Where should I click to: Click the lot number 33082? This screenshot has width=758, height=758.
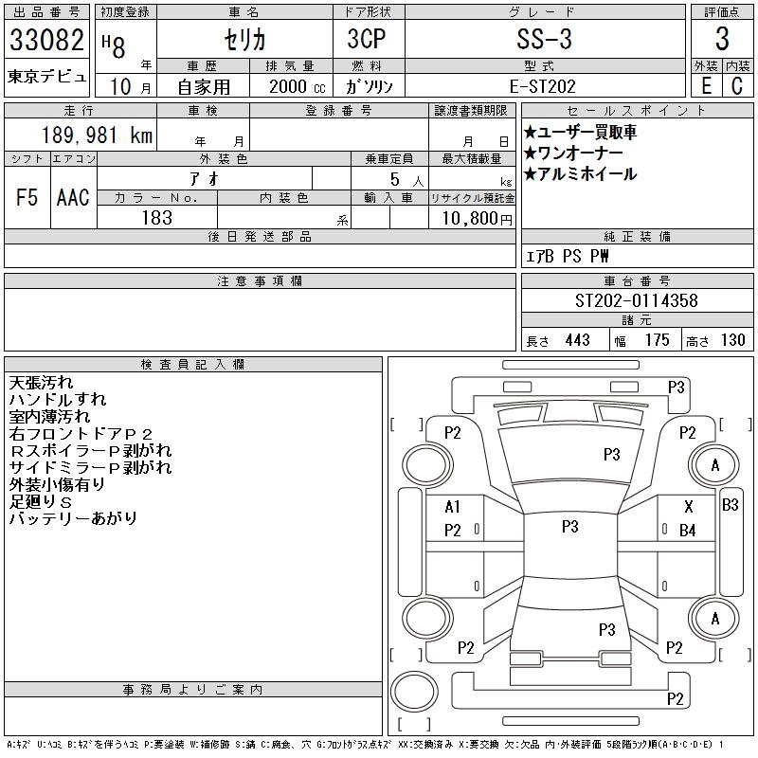pyautogui.click(x=46, y=40)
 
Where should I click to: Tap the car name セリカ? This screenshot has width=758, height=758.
pyautogui.click(x=244, y=40)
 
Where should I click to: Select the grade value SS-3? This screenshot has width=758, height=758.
pyautogui.click(x=544, y=39)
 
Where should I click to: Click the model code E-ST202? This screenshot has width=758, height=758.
pyautogui.click(x=543, y=86)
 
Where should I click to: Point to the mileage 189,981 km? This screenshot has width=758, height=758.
pyautogui.click(x=97, y=135)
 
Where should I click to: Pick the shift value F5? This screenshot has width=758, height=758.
pyautogui.click(x=27, y=197)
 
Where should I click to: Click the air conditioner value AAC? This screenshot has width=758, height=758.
pyautogui.click(x=73, y=197)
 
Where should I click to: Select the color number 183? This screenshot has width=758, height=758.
pyautogui.click(x=157, y=218)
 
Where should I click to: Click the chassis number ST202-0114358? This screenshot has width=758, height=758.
pyautogui.click(x=636, y=300)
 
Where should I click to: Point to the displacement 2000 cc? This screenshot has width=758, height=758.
pyautogui.click(x=297, y=86)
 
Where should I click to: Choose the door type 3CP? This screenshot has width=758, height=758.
pyautogui.click(x=367, y=39)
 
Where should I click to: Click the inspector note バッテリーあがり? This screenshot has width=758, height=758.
pyautogui.click(x=73, y=518)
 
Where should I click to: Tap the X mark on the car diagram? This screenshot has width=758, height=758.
pyautogui.click(x=689, y=507)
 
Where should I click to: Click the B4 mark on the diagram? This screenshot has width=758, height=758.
pyautogui.click(x=688, y=531)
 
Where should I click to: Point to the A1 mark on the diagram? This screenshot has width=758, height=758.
pyautogui.click(x=452, y=507)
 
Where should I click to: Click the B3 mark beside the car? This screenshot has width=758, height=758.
pyautogui.click(x=730, y=505)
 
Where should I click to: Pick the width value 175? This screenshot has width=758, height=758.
pyautogui.click(x=657, y=340)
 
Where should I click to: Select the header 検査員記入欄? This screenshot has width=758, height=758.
pyautogui.click(x=192, y=364)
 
